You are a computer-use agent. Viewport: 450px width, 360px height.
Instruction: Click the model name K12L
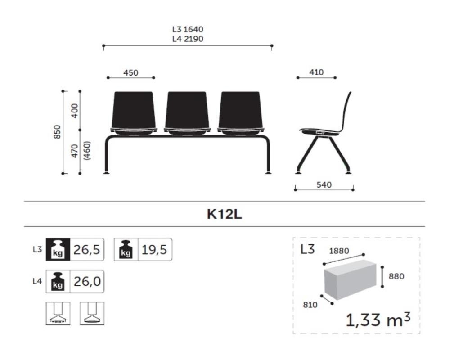[225, 214]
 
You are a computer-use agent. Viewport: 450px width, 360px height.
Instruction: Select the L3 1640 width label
[188, 30]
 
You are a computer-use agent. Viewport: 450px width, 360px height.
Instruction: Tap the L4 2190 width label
[188, 39]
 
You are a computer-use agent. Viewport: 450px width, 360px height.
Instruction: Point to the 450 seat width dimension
[131, 73]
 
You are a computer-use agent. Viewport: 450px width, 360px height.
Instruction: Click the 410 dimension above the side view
[316, 72]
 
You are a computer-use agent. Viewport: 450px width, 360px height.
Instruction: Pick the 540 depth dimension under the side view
[324, 184]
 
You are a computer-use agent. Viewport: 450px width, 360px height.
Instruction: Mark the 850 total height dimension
[57, 132]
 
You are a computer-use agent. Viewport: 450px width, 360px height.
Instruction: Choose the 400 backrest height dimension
[75, 110]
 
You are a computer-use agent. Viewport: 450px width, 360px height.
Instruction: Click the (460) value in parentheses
[87, 151]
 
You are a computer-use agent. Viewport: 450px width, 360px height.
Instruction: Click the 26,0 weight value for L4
[86, 282]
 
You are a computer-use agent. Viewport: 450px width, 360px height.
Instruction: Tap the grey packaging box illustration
[350, 281]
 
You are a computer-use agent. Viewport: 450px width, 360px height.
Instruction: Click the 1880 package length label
[338, 251]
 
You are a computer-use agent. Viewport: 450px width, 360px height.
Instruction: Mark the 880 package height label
[396, 276]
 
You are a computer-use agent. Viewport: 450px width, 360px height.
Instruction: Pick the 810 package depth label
[310, 305]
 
